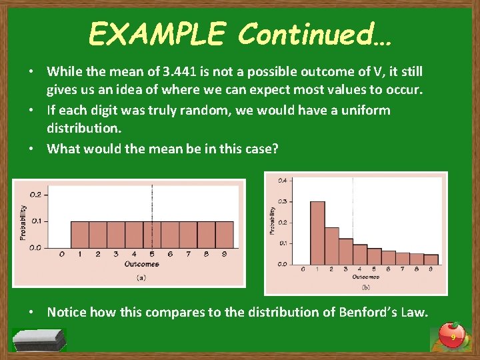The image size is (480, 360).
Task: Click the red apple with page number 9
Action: point(453,336)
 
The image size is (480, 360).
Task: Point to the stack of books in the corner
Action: point(39,339)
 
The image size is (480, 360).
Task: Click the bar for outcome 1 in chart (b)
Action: point(317,233)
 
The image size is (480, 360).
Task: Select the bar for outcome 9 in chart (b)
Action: point(431,259)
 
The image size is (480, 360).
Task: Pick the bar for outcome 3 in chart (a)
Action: point(116,235)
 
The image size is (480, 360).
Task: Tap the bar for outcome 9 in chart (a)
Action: point(225,235)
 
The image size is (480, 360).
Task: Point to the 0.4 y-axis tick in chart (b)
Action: point(283,181)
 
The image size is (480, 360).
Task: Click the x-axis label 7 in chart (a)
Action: point(189,254)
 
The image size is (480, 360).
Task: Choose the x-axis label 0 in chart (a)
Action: point(61,254)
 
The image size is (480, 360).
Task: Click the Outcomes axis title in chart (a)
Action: point(142,264)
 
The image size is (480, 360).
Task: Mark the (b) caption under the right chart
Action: point(366,287)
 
